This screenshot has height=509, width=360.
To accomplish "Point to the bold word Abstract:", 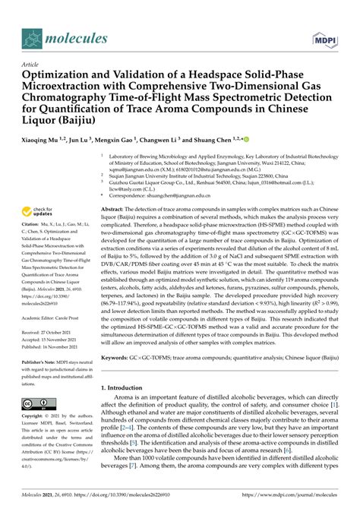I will coord(115,208).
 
